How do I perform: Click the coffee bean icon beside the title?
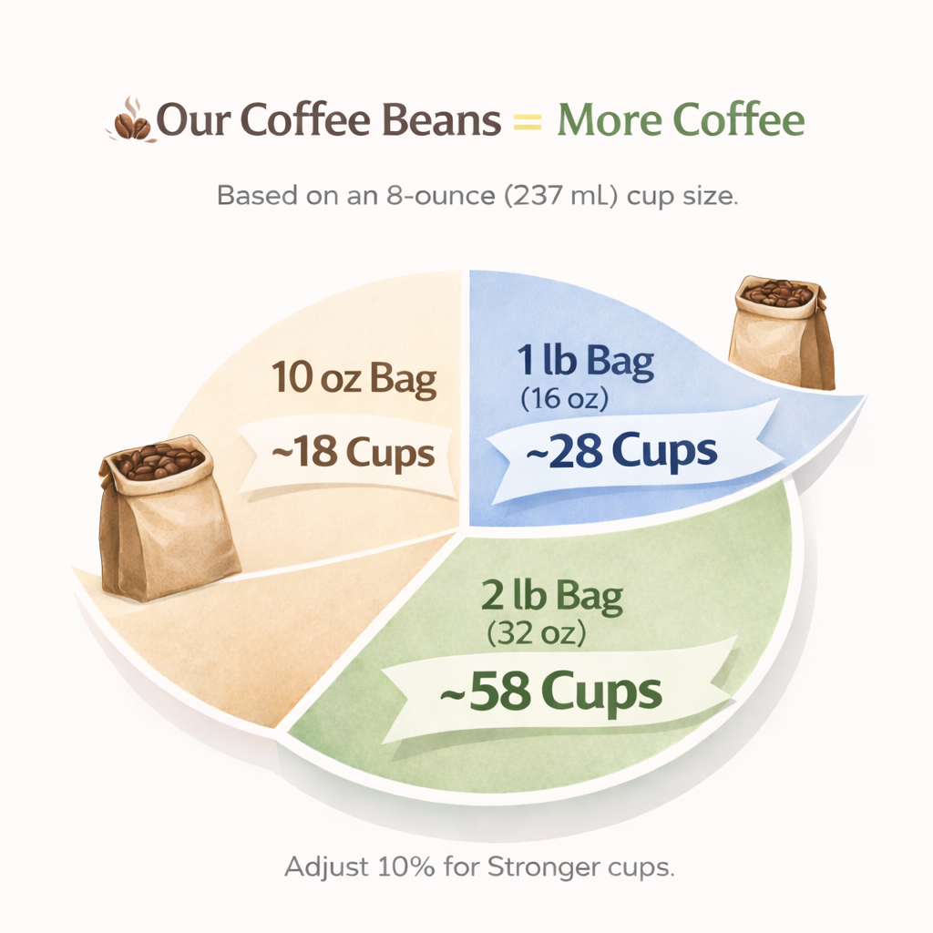click(130, 123)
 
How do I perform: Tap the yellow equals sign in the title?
click(528, 122)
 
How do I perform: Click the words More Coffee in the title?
click(681, 121)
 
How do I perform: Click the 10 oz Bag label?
click(354, 379)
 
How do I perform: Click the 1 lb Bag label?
click(586, 363)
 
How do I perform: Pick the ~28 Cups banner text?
click(608, 450)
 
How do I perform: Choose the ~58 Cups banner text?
click(550, 693)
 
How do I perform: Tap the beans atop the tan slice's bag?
click(157, 461)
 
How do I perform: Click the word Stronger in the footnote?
click(539, 866)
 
